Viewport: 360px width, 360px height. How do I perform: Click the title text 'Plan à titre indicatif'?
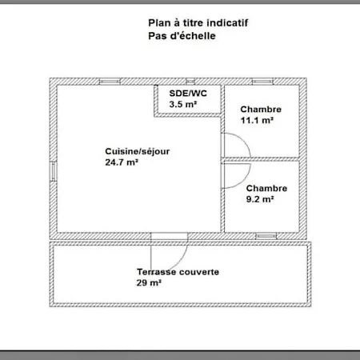point(198,23)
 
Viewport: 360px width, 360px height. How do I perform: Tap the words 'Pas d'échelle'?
point(182,36)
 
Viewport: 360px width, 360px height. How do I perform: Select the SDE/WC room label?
point(188,94)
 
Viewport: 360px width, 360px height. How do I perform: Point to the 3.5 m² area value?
point(183,104)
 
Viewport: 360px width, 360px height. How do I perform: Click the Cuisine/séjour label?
point(138,152)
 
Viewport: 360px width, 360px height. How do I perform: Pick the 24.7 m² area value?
point(122,162)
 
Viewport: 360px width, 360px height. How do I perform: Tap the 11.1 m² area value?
point(257,120)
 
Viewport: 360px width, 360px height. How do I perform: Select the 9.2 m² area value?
point(260,199)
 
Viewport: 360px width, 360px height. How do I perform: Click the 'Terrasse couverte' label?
point(178,272)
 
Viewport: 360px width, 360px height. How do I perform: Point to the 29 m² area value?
point(149,282)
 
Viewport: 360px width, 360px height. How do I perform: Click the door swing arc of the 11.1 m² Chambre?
point(243,140)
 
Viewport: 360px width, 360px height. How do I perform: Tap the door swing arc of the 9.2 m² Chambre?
point(243,181)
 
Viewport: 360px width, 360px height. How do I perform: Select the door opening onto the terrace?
point(170,236)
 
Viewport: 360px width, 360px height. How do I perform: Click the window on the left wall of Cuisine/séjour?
point(54,171)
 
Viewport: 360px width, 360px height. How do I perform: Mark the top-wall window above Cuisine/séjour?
point(110,82)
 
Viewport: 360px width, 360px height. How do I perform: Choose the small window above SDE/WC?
point(190,82)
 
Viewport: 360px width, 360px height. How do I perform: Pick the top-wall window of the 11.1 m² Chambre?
point(262,82)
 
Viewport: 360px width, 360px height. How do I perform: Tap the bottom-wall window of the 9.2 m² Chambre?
point(266,236)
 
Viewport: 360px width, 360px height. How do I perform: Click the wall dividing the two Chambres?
point(262,159)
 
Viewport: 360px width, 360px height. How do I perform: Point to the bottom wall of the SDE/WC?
point(188,115)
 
